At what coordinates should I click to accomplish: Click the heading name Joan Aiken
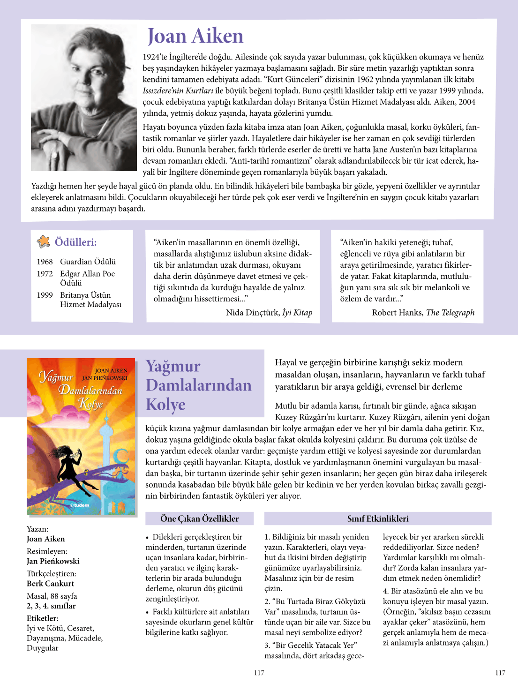[195, 36]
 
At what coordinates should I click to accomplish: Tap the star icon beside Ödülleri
[44, 241]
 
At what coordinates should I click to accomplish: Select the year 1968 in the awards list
[45, 262]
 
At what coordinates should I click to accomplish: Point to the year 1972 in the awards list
[45, 274]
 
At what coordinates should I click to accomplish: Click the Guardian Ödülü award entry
[88, 262]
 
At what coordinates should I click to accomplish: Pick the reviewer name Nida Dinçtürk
[252, 313]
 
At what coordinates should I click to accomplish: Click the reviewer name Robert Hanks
[397, 313]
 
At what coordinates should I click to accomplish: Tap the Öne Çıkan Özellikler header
[199, 518]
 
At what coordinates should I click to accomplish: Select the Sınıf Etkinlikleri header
[377, 518]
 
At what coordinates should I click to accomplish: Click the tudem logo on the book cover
[80, 505]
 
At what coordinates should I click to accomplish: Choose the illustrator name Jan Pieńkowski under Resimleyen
[53, 561]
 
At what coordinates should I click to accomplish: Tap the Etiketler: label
[43, 618]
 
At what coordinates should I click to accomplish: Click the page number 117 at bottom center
[259, 673]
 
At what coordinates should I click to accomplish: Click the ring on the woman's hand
[55, 154]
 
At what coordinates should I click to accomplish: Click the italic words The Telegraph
[450, 313]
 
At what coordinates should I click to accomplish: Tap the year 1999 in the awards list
[45, 295]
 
